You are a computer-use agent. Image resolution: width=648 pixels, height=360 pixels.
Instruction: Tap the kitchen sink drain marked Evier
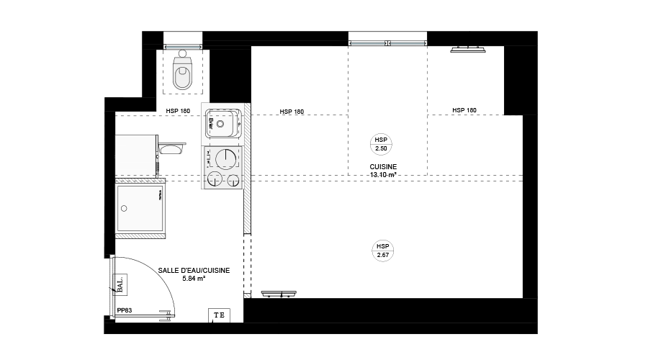220,124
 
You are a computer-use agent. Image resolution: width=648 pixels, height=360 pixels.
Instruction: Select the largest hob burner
226,158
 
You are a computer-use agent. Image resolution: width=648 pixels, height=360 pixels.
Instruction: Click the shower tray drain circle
124,209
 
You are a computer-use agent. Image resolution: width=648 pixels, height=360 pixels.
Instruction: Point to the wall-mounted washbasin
172,148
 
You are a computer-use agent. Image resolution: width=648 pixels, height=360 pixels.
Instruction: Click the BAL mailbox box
120,284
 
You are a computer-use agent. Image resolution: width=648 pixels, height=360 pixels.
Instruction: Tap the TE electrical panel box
219,315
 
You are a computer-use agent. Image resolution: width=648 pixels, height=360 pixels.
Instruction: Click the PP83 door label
125,310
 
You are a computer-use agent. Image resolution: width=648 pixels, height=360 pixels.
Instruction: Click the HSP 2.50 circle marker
381,144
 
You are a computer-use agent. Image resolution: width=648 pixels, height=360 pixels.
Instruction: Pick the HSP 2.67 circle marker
383,251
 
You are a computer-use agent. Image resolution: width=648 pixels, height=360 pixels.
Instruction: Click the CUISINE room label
383,166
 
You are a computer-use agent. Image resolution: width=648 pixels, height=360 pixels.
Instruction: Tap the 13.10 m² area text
383,175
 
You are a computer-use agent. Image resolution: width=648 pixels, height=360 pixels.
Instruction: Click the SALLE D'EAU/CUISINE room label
194,270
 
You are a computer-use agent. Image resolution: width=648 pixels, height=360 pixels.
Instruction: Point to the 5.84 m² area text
194,279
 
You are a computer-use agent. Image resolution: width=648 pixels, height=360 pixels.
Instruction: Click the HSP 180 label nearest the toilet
178,111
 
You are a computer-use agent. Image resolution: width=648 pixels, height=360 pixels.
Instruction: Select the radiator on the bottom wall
279,294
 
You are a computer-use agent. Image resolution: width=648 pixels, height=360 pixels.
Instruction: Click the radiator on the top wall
468,50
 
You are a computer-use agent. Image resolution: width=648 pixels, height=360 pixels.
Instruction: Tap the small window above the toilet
183,47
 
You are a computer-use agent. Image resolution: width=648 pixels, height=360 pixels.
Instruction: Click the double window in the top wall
387,43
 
